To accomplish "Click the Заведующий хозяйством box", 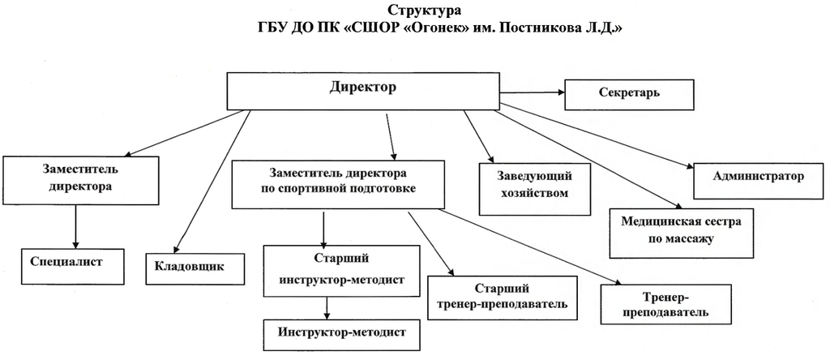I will [533, 186].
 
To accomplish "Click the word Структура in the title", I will [415, 11].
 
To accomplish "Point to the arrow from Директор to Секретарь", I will [533, 93].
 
